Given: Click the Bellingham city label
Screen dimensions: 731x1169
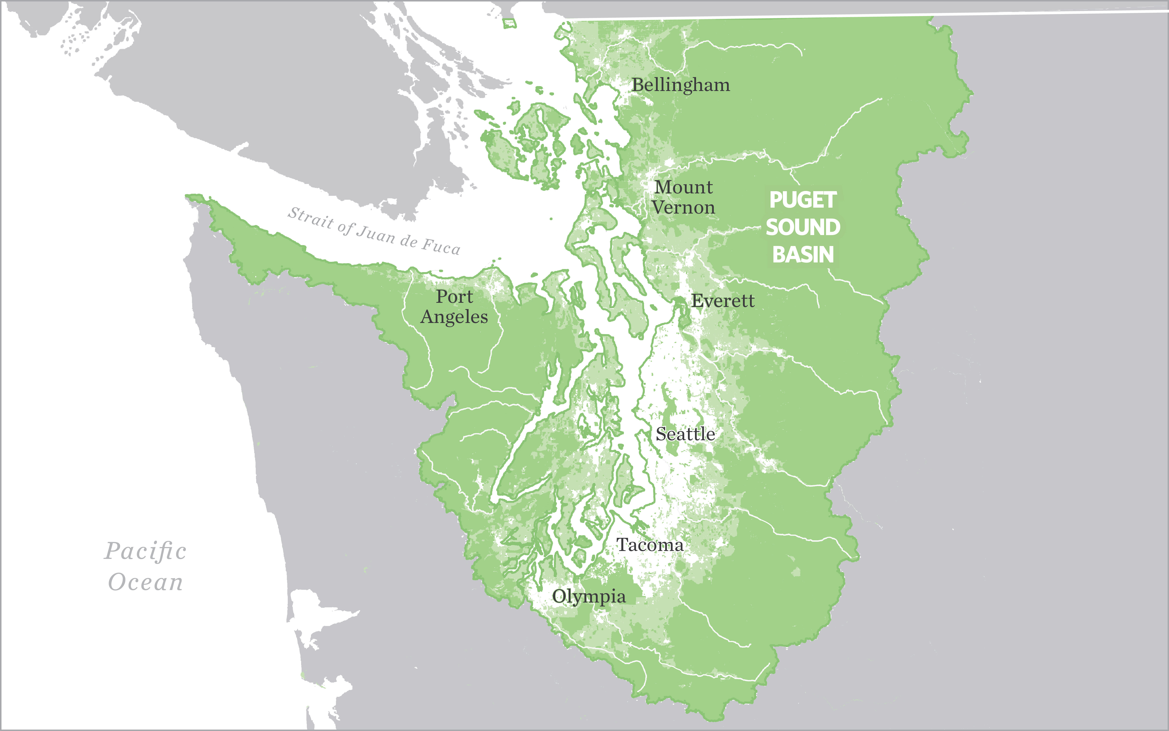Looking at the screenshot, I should pyautogui.click(x=680, y=85).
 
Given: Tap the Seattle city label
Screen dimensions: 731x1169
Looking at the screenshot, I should pyautogui.click(x=685, y=434).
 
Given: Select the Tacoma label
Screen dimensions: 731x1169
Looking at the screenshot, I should pyautogui.click(x=650, y=545).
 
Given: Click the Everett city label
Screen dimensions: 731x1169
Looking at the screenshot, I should pyautogui.click(x=723, y=301).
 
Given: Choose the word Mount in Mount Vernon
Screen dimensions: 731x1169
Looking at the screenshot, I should pyautogui.click(x=683, y=187).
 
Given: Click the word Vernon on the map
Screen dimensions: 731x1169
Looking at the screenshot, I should pyautogui.click(x=683, y=207).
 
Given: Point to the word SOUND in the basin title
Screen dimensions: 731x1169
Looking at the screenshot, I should pyautogui.click(x=803, y=227).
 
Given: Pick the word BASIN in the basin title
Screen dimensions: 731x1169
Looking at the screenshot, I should pyautogui.click(x=803, y=254).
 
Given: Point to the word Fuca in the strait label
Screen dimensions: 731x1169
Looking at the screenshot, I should pyautogui.click(x=441, y=247).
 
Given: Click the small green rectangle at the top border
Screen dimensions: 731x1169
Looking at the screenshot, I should pyautogui.click(x=509, y=23).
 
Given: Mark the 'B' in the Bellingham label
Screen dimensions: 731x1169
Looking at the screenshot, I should pyautogui.click(x=638, y=85).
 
